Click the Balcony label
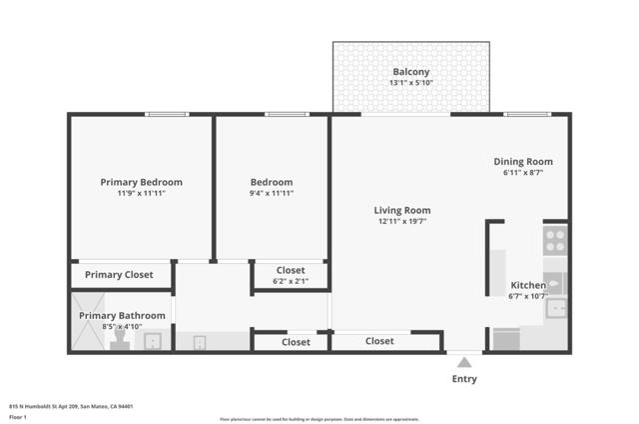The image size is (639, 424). pyautogui.click(x=411, y=72)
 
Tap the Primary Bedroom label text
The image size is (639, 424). pyautogui.click(x=141, y=182)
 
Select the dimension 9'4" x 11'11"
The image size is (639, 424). pyautogui.click(x=272, y=193)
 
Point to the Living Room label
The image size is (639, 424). pyautogui.click(x=402, y=210)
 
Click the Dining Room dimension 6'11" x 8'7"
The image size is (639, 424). pyautogui.click(x=523, y=172)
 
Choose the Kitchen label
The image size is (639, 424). pyautogui.click(x=528, y=285)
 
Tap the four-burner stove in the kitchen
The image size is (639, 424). pyautogui.click(x=555, y=241)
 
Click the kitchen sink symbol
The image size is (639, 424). pyautogui.click(x=555, y=307)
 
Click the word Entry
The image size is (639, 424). pyautogui.click(x=464, y=379)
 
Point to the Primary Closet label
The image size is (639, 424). pyautogui.click(x=119, y=275)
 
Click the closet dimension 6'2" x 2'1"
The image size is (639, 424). pyautogui.click(x=291, y=281)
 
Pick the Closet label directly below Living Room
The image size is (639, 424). pyautogui.click(x=379, y=341)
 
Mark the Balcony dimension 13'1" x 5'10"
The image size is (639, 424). pyautogui.click(x=411, y=83)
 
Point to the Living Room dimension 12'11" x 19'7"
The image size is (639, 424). pyautogui.click(x=402, y=221)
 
